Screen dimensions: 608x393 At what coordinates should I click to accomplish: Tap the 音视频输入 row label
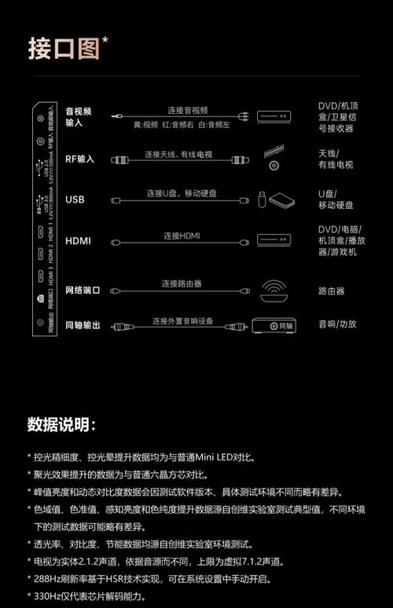coord(79,117)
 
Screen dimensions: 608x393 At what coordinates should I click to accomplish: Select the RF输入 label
coord(79,159)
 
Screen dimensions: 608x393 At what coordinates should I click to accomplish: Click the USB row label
coord(75,200)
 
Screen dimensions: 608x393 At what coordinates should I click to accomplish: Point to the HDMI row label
coord(78,240)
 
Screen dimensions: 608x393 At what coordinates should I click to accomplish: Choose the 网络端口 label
coord(83,291)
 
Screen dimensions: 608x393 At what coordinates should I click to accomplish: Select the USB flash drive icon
coord(262,200)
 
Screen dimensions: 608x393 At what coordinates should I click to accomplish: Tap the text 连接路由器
coord(182,283)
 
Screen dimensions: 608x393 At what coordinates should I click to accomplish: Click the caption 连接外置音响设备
coord(182,320)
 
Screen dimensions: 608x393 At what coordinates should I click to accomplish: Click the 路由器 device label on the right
coord(331,291)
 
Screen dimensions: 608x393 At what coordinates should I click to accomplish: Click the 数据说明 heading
coord(61,425)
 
